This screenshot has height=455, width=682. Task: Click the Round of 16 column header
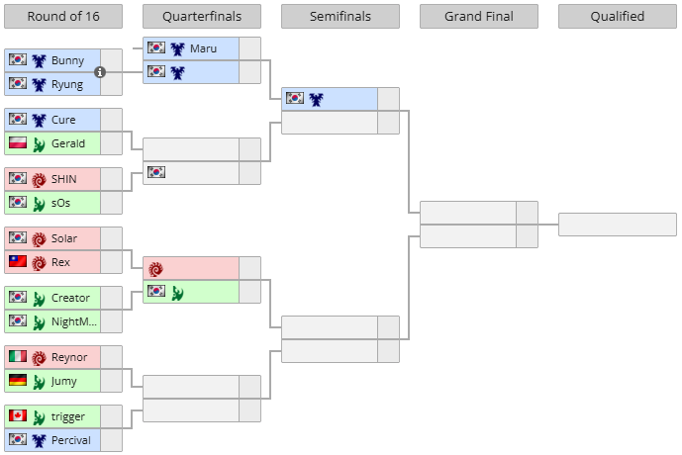(63, 17)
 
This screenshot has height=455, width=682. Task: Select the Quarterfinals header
(202, 17)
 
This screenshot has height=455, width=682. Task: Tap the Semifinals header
(341, 17)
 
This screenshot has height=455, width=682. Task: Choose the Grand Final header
(479, 17)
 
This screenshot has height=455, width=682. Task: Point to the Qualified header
(618, 17)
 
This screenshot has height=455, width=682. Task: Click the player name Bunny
(67, 60)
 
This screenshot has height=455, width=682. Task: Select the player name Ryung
(67, 84)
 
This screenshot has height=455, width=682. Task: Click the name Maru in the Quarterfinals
(203, 48)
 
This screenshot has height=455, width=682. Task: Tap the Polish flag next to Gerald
(17, 143)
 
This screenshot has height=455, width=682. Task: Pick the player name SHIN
(64, 179)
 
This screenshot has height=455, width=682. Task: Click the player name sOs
(61, 203)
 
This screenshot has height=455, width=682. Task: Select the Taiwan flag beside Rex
(17, 262)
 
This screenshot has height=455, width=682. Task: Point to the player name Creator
(70, 298)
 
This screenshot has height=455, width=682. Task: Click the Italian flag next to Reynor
(17, 357)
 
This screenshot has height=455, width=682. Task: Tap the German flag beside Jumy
(17, 381)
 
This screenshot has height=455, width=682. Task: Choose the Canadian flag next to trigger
(17, 416)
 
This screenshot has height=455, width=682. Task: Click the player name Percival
(72, 440)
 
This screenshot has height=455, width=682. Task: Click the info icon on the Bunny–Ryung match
(100, 72)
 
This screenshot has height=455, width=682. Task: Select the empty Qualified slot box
(617, 225)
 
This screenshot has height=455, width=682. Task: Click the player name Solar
(64, 238)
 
